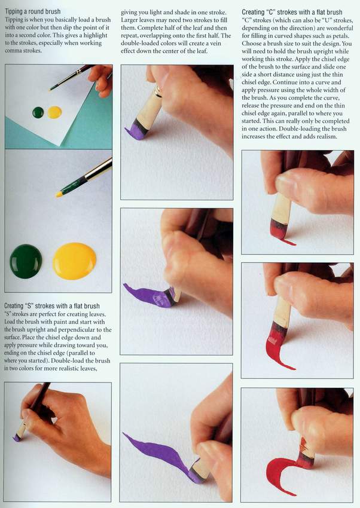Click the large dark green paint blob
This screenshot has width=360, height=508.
coord(26,261)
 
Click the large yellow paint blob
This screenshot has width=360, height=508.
coord(75,261)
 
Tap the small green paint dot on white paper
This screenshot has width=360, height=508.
coord(38,112)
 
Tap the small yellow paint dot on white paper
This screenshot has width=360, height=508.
coord(54,112)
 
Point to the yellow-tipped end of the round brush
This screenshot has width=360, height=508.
coord(59,194)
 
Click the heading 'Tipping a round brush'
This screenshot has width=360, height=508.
coord(33,12)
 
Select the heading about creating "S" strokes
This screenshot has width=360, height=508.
coord(52,306)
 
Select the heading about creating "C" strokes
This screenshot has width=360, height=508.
coord(292,12)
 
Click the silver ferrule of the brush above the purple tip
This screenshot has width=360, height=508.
coord(158,91)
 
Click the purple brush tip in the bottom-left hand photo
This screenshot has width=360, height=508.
coord(17,437)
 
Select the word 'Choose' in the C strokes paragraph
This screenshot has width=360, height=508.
coord(252,44)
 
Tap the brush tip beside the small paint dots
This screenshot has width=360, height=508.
coord(52,88)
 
